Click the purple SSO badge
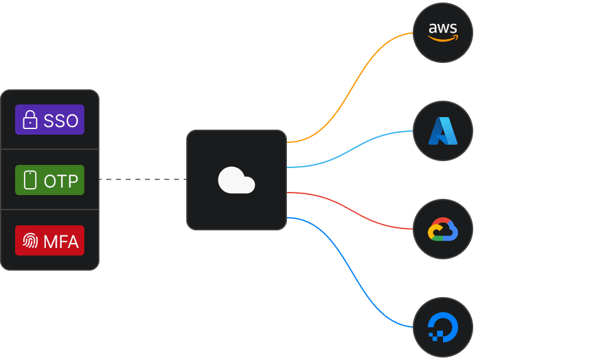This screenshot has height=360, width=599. [x=50, y=120]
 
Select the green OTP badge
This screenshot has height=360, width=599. [x=50, y=180]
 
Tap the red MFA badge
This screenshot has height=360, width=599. [x=50, y=240]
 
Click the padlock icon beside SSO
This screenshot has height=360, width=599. [x=30, y=120]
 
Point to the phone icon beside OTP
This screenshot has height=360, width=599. [x=30, y=180]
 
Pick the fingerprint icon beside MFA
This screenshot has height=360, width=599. [x=30, y=240]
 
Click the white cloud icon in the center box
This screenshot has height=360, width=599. [x=236, y=181]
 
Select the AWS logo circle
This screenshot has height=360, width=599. [x=442, y=33]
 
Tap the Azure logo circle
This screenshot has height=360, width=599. [x=442, y=131]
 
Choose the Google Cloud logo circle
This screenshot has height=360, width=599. [x=442, y=229]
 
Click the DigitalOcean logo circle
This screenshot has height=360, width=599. [x=442, y=327]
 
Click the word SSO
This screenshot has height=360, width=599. [x=61, y=120]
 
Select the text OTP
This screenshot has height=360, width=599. [x=61, y=181]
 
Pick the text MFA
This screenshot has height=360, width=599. [x=61, y=241]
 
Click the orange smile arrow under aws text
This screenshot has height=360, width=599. [x=443, y=39]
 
